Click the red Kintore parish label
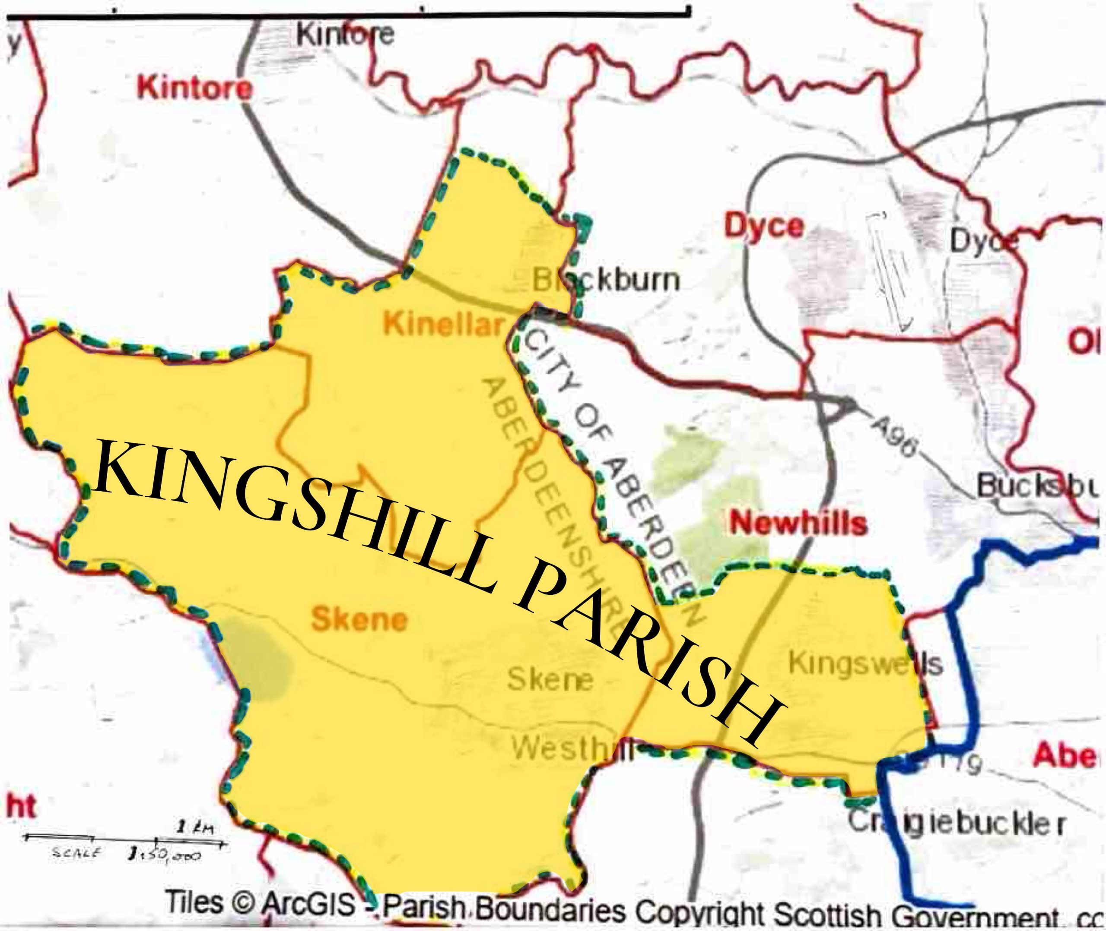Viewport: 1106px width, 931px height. click(x=194, y=88)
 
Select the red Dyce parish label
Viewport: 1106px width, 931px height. click(x=764, y=227)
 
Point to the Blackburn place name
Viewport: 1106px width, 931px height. click(x=605, y=280)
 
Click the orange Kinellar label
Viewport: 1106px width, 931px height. click(x=442, y=324)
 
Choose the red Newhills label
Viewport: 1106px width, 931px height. click(x=798, y=523)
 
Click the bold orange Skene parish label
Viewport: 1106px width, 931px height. click(x=359, y=619)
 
